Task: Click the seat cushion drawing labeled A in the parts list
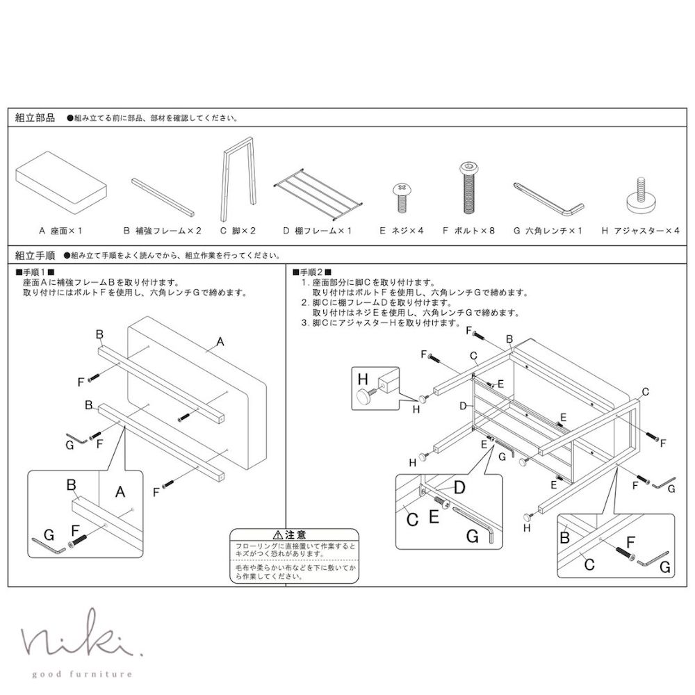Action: pos(61,182)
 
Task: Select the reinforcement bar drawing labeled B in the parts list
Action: pos(163,195)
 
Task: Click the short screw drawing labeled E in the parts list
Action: pos(401,197)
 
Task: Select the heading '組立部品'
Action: pos(35,118)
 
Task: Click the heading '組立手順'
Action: pos(35,255)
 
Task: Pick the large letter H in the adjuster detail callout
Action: pos(362,378)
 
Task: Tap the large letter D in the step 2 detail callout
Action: pos(459,488)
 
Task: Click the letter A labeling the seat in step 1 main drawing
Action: pos(221,341)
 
